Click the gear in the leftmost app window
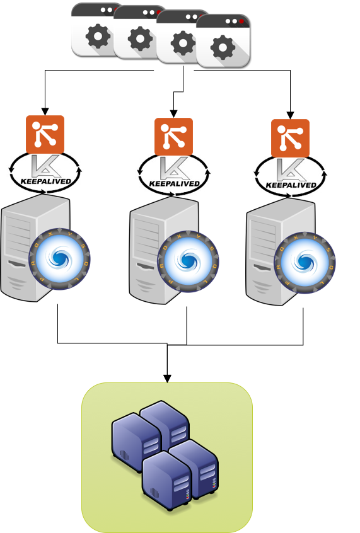point(98,36)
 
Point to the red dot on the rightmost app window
point(241,21)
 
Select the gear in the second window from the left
point(140,39)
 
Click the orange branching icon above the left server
point(45,134)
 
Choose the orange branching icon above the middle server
point(173,136)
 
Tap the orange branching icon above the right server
point(290,137)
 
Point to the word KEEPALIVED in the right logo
point(291,185)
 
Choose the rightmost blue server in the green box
point(199,469)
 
